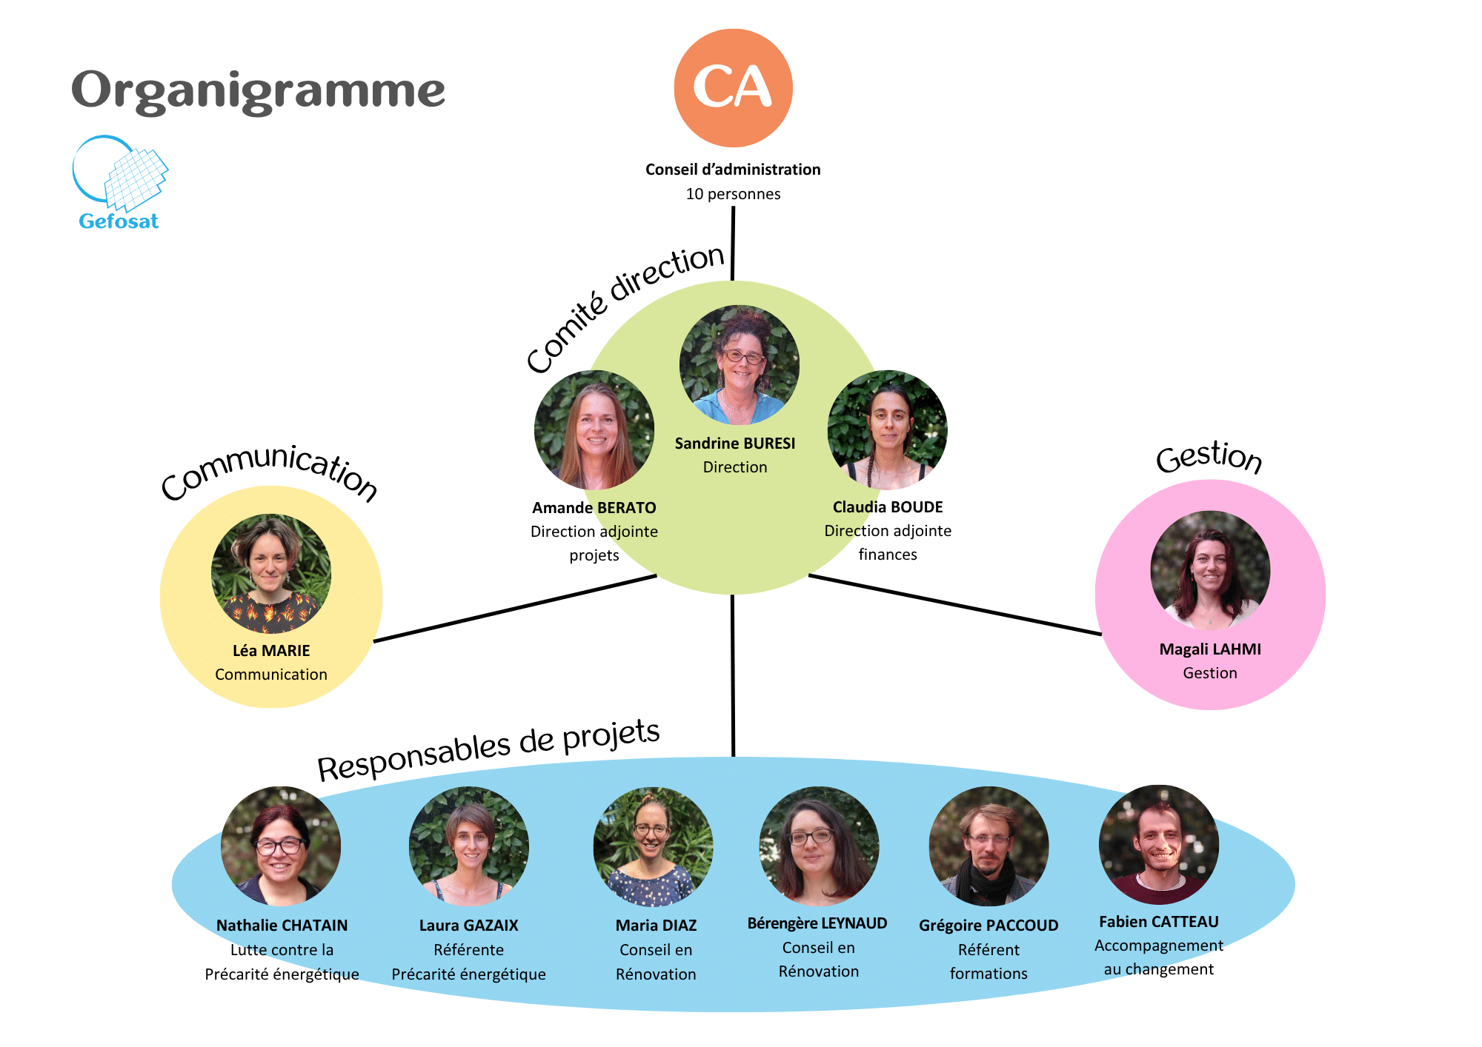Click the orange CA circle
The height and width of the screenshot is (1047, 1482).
733,87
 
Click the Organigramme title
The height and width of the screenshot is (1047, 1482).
258,90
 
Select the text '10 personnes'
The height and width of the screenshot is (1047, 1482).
733,194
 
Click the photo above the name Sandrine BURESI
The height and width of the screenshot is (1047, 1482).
739,364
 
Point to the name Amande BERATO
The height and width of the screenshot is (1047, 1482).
594,508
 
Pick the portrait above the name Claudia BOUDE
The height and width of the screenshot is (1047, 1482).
887,429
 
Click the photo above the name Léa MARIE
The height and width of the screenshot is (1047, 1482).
270,573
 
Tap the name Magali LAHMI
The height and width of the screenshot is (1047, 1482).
1209,649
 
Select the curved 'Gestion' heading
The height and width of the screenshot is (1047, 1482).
1209,457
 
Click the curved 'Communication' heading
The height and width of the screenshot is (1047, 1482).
270,472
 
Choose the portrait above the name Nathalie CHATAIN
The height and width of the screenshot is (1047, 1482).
281,846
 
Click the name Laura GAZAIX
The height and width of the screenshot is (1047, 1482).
468,926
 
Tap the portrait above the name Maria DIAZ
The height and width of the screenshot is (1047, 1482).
653,846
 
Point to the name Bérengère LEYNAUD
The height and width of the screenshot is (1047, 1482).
817,923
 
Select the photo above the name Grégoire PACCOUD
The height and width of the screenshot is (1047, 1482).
988,846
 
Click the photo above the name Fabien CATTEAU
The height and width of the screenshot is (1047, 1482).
1158,844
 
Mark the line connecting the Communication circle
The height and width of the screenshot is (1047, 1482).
515,608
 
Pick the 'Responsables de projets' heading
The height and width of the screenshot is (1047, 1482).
488,749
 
